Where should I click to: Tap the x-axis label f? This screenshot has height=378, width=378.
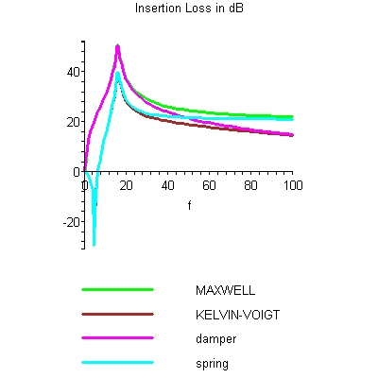(188, 205)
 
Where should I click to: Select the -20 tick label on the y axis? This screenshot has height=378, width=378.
(70, 222)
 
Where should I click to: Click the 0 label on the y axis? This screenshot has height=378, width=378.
(76, 172)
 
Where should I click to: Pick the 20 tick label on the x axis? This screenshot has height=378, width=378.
(127, 185)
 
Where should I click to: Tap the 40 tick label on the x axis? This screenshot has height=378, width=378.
(168, 185)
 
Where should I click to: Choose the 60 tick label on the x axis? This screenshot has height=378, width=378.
(210, 185)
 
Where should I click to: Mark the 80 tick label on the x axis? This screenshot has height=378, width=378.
(251, 185)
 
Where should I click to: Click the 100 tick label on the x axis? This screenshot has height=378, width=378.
(292, 185)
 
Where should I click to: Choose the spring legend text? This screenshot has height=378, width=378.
(212, 363)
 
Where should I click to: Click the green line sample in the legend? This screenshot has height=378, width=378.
(118, 289)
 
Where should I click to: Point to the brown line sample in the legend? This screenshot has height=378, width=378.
(118, 314)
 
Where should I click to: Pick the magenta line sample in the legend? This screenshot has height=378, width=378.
(118, 338)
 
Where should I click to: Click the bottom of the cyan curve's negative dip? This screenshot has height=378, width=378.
(94, 244)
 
